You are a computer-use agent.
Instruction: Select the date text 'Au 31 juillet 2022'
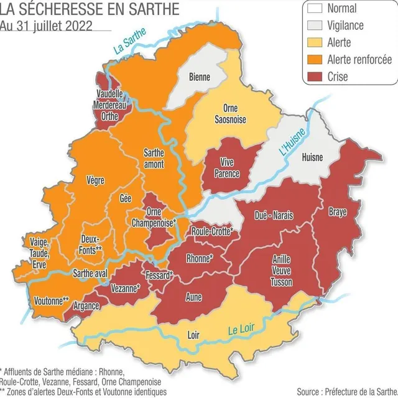[47, 25]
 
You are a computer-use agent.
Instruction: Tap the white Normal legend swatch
[315, 9]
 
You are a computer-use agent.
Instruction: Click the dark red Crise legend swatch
[315, 76]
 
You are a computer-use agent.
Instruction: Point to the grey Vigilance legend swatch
[315, 25]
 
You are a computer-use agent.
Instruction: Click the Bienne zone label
[199, 77]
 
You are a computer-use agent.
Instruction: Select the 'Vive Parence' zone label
[226, 169]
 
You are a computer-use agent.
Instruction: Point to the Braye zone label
[338, 211]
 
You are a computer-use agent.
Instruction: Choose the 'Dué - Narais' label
[274, 215]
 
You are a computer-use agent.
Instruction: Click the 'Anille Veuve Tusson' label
[281, 271]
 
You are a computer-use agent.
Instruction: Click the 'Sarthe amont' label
[154, 158]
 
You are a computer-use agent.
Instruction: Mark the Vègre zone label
[95, 180]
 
